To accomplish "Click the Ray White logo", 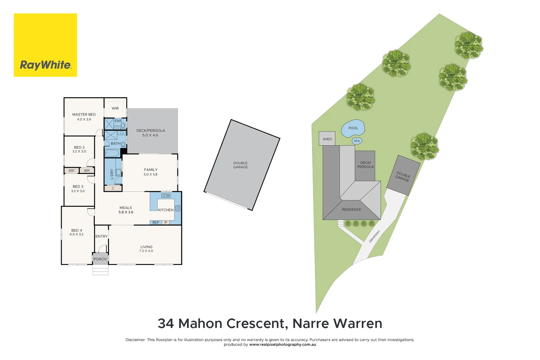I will coord(45,45).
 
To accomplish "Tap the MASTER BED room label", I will coord(84,114).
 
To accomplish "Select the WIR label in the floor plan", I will coord(115,108).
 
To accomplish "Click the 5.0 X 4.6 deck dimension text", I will coord(150,135).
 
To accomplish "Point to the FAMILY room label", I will coord(151,170).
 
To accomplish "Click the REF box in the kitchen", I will coord(156,222).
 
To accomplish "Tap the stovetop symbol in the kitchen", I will coord(178,208).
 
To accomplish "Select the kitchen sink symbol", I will coord(166,196).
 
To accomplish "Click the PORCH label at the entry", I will coord(100,259).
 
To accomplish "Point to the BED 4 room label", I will coord(77,230).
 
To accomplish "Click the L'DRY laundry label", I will coord(112,174).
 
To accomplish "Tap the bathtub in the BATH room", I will coord(112,153).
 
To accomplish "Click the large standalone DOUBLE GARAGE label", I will coord(240,165).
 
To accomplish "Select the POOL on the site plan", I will coord(353,128).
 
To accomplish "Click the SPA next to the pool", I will coord(357,141).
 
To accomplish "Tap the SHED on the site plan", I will coord(327,139).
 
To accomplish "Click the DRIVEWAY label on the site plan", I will coord(374,236).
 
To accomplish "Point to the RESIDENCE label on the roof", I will coord(351,210).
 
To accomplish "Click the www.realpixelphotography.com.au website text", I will coord(283,345).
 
